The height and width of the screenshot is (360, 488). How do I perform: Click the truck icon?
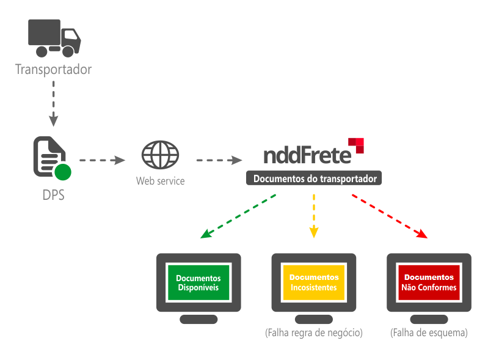[x=54, y=39]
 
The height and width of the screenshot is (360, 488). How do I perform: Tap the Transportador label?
[x=54, y=69]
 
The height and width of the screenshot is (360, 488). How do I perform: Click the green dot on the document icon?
[x=62, y=172]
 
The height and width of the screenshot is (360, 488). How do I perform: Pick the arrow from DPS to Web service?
[x=102, y=160]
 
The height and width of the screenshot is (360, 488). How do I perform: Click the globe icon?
[x=160, y=155]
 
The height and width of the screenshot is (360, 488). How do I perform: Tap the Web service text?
[x=160, y=182]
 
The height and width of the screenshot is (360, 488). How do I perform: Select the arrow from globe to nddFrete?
[x=219, y=160]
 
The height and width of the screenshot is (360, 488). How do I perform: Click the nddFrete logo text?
[x=307, y=155]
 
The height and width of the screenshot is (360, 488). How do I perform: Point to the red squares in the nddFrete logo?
[x=356, y=145]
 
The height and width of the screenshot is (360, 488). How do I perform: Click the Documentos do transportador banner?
[x=314, y=178]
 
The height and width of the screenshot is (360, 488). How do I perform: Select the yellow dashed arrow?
[x=314, y=215]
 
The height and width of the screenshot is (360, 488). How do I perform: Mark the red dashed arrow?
[x=389, y=216]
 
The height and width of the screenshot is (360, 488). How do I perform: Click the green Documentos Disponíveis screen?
[x=198, y=282]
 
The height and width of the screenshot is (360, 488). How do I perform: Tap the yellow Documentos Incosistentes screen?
[x=314, y=282]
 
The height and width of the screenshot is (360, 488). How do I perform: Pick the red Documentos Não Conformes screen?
[x=429, y=282]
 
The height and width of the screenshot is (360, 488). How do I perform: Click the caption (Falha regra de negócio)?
[x=314, y=334]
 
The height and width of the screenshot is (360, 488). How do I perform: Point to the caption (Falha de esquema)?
[x=429, y=334]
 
